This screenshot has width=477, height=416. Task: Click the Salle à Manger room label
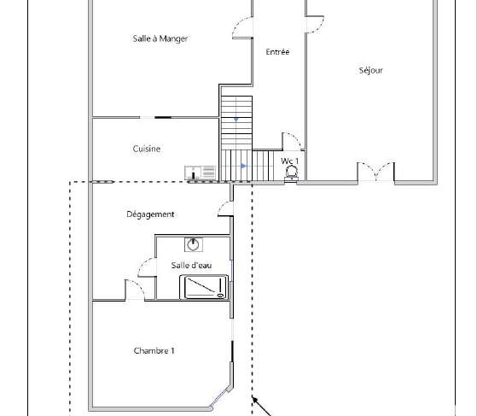(x=160, y=38)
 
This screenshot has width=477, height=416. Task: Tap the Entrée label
(x=277, y=52)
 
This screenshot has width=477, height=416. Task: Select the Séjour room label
(x=371, y=70)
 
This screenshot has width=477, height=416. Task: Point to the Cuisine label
(x=147, y=149)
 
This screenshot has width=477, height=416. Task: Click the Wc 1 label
(x=289, y=161)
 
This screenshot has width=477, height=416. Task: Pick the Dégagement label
(x=150, y=214)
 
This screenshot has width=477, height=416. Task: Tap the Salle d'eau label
(x=191, y=266)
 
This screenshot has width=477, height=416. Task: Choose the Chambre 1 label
(x=154, y=351)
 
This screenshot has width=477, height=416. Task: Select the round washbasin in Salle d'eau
(x=194, y=244)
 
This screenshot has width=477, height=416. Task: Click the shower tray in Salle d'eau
(x=204, y=287)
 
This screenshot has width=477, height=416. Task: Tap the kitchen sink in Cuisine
(x=201, y=173)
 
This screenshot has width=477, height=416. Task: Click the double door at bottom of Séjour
(x=376, y=172)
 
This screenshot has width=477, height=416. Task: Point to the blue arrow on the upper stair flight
(x=236, y=120)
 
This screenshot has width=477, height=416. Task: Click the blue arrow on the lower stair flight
(x=243, y=166)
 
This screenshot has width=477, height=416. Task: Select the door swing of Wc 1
(x=292, y=142)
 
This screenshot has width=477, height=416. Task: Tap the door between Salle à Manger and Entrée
(x=242, y=27)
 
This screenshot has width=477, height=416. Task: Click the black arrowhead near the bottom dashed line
(x=255, y=400)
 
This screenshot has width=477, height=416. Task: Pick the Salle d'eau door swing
(x=148, y=267)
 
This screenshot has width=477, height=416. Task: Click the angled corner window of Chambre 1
(x=221, y=397)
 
